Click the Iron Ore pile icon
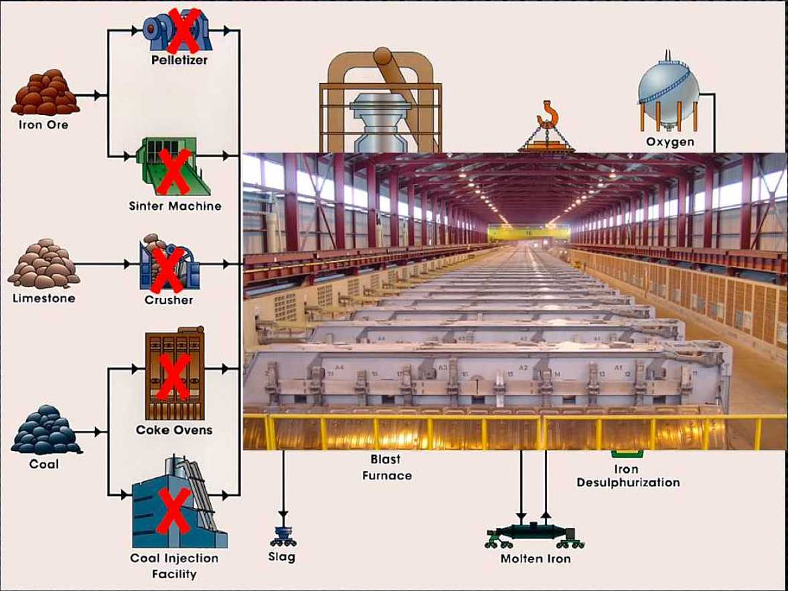tap(45, 94)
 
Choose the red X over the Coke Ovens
tap(174, 376)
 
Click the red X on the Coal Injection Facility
tap(175, 510)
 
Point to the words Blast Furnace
tap(386, 467)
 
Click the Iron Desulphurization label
tap(627, 476)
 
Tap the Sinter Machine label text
tap(175, 206)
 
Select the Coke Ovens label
tap(174, 430)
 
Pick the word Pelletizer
tap(179, 60)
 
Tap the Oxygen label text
tap(670, 142)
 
